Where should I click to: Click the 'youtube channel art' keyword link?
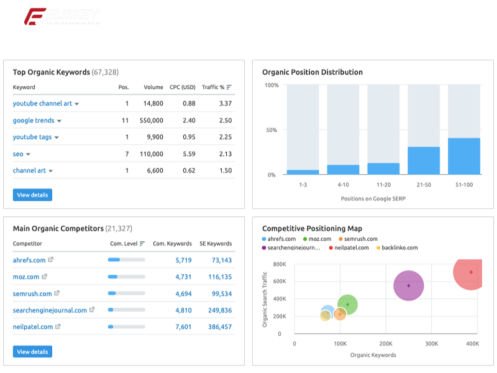coord(42,104)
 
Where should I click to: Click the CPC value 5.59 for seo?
coord(189,154)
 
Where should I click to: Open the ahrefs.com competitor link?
coord(29,260)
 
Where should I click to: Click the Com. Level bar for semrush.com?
coord(126,293)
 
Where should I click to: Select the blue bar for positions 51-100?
coord(464,156)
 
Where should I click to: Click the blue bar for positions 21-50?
coord(424,160)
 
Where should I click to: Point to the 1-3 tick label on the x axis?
coord(303,185)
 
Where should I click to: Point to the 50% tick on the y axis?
coord(271,131)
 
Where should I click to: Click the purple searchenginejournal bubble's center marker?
coord(408,286)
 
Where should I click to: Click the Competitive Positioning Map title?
coord(312,229)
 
